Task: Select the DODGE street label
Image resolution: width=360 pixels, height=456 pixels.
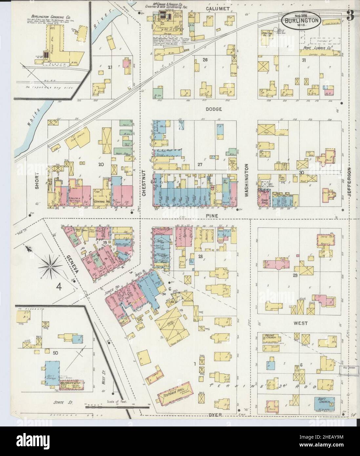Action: (214, 109)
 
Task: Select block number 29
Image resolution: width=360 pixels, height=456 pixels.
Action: (295, 276)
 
